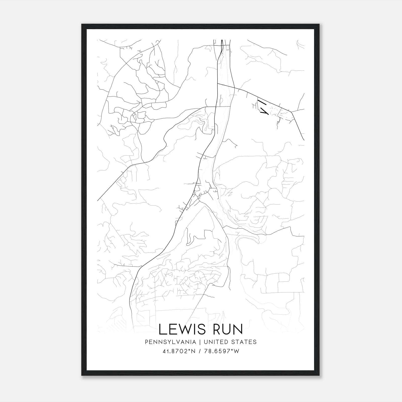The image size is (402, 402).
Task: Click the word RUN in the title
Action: (228, 329)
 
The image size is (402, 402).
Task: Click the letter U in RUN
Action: (228, 329)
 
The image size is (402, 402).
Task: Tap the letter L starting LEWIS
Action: (162, 329)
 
